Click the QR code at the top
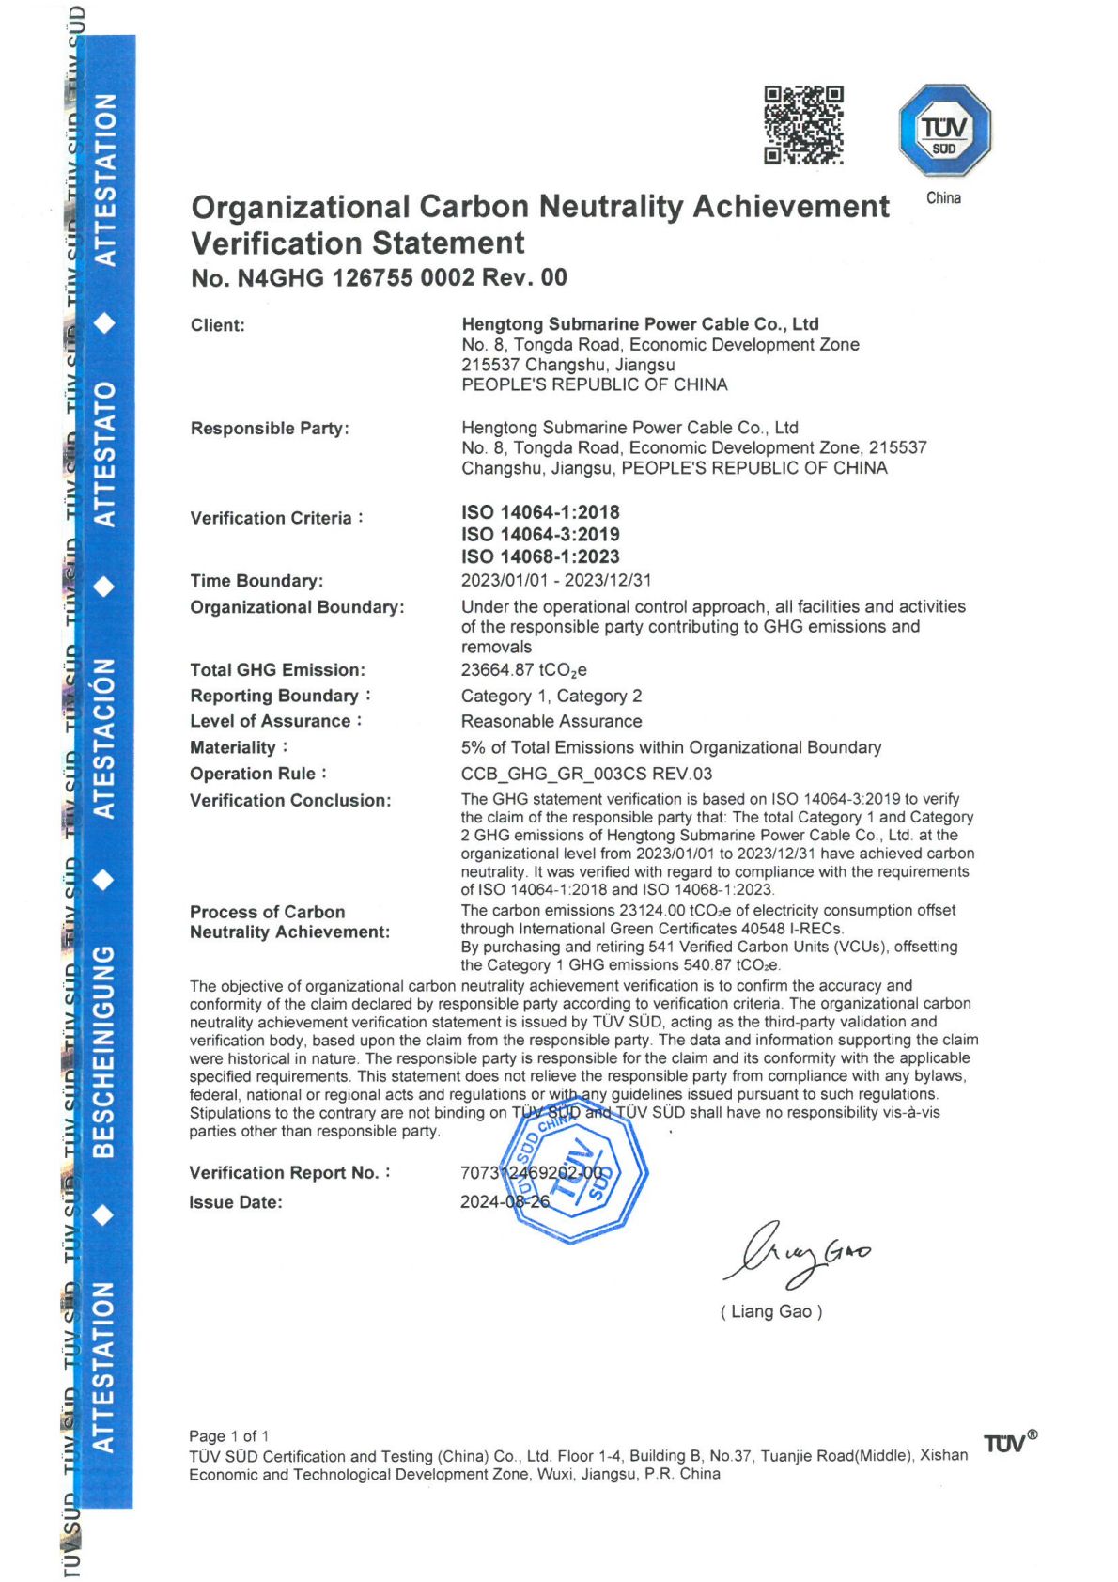coord(802,125)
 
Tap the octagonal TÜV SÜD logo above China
coord(944,130)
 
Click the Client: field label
coord(217,325)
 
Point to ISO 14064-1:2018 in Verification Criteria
coord(540,512)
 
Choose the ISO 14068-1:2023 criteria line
coord(540,556)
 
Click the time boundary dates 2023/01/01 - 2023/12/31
coord(556,581)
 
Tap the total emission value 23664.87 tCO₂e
coord(523,670)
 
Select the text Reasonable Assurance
coord(551,722)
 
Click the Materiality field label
coord(233,748)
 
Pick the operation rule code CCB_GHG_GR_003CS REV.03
coord(586,775)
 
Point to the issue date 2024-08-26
coord(505,1202)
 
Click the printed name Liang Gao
coord(771,1312)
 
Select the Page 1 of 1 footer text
coord(228,1436)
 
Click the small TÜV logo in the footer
coord(1009,1443)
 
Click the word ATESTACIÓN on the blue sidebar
coord(104,738)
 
